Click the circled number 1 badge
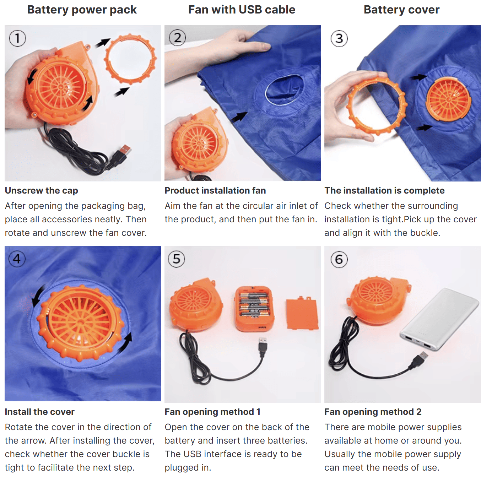(17, 38)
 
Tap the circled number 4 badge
(17, 259)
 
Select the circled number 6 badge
(339, 259)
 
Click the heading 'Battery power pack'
(82, 10)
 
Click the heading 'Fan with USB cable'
(242, 10)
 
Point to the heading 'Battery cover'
(401, 10)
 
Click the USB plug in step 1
(123, 153)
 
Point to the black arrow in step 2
(240, 117)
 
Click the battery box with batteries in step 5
(254, 308)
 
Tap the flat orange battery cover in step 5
(302, 314)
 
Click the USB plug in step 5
(263, 346)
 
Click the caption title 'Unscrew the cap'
(41, 190)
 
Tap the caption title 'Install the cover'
(39, 412)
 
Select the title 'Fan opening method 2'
(373, 412)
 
